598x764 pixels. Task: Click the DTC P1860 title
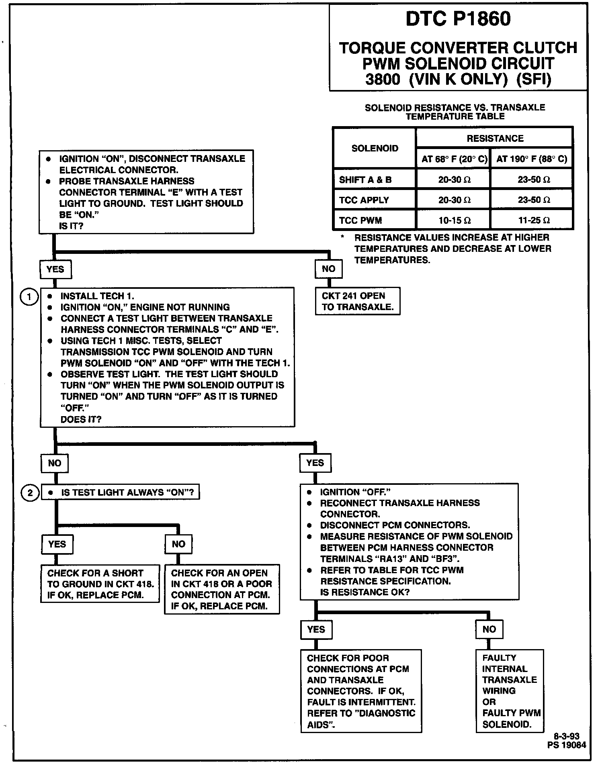coord(458,19)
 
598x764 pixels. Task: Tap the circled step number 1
coord(29,297)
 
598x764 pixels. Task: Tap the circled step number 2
coord(30,492)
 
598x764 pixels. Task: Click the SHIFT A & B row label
coord(365,180)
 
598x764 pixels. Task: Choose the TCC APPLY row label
coord(364,200)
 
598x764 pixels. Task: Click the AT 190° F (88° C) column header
coord(532,159)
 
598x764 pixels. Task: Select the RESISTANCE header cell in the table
coord(495,139)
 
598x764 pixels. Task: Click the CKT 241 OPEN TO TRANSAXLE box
coord(358,301)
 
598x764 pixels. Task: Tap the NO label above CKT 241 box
coord(328,269)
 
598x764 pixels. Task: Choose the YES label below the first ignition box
coord(55,269)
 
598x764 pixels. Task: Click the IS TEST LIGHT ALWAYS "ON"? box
coord(121,492)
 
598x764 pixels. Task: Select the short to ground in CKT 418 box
coord(100,584)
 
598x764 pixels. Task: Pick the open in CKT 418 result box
coord(222,589)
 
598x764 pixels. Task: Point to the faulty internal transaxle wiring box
coord(510,691)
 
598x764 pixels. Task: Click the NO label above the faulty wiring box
coord(489,629)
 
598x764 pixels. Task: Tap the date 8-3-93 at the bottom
coord(567,736)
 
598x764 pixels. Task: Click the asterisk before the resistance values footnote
coord(342,237)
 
